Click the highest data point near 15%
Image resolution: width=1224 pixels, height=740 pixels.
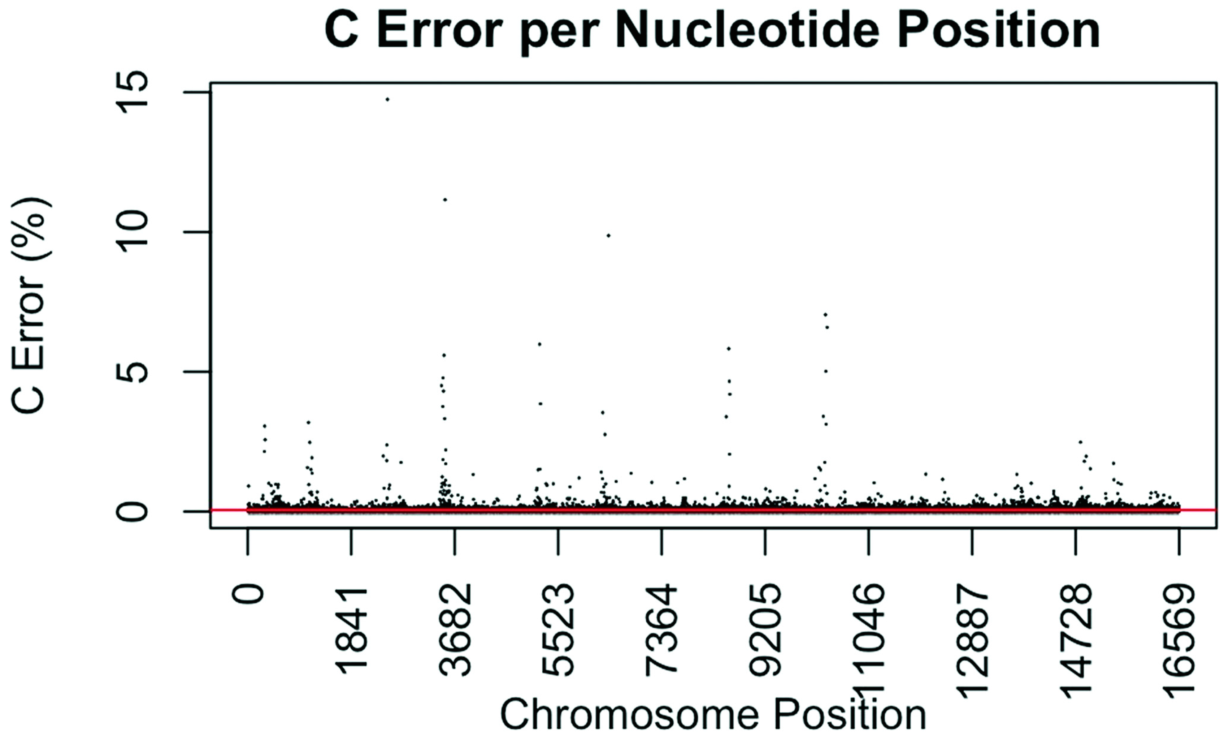click(387, 99)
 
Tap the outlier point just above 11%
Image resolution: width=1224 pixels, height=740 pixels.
click(445, 200)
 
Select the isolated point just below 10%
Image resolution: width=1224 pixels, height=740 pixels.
click(608, 236)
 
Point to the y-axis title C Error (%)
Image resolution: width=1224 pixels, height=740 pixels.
click(31, 306)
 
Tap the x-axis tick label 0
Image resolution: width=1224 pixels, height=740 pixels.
click(248, 594)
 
